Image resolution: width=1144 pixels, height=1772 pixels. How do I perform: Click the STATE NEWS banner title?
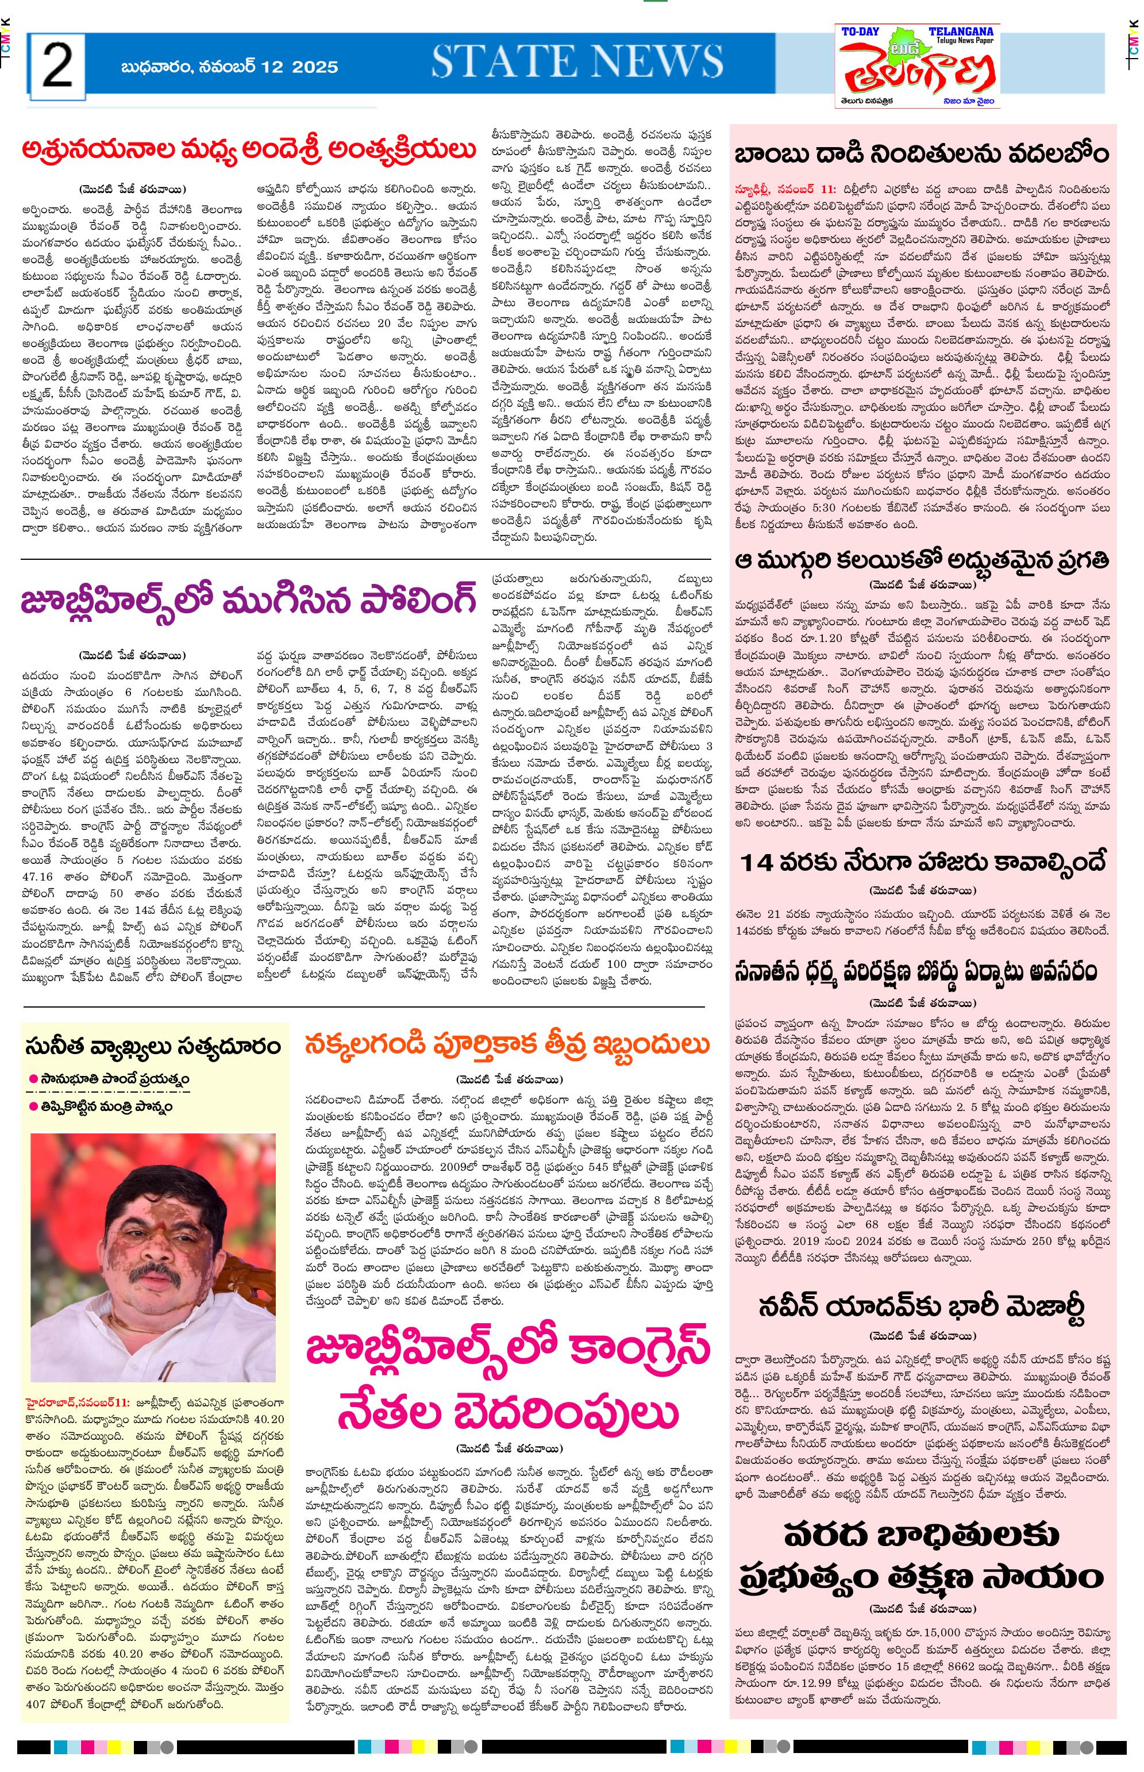pos(577,61)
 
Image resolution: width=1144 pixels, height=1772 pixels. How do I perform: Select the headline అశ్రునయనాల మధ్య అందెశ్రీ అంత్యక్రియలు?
pos(249,149)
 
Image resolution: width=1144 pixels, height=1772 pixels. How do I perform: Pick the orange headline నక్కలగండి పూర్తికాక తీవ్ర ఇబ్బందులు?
pos(507,1045)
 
